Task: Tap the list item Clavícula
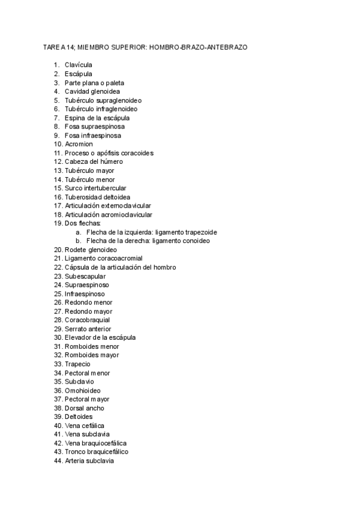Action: (x=79, y=65)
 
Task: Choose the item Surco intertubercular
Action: (x=95, y=188)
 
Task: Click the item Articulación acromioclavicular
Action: (x=109, y=214)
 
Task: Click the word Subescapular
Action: (x=85, y=276)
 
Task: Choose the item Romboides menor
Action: (x=92, y=346)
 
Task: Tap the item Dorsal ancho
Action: (x=84, y=408)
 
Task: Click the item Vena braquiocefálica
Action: (x=95, y=443)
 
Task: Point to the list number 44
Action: (x=58, y=460)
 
